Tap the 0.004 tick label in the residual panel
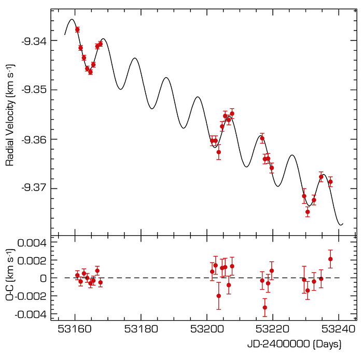(34, 242)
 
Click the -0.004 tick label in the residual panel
(32, 314)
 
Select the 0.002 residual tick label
(34, 260)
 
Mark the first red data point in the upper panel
(77, 30)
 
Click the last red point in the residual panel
(330, 259)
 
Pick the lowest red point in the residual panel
(264, 307)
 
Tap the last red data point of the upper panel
(330, 182)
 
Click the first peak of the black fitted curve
(72, 19)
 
